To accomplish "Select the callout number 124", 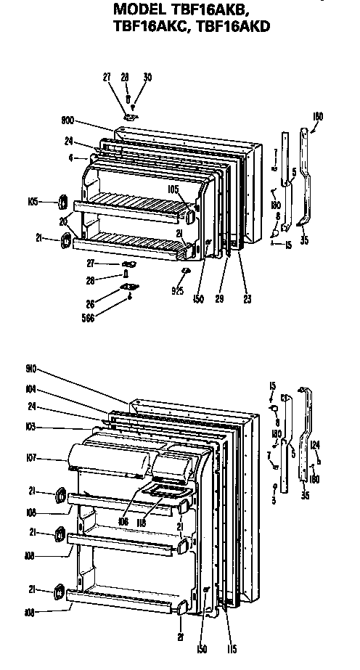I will click(314, 444).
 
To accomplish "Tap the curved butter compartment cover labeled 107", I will click(109, 459).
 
